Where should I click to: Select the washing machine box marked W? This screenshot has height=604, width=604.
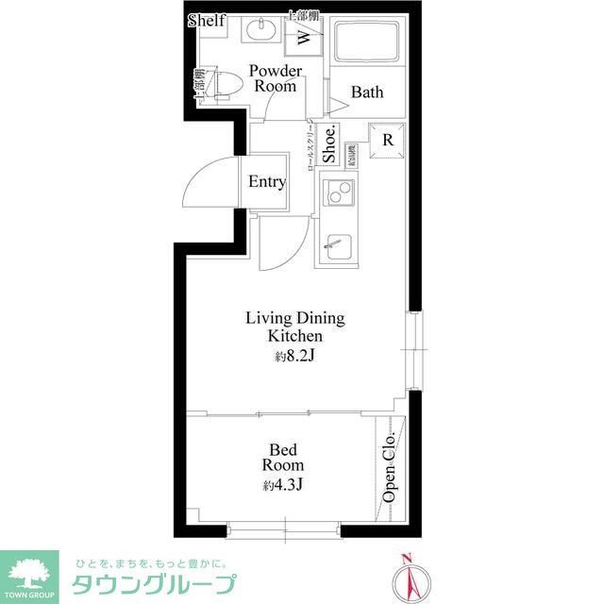point(304,37)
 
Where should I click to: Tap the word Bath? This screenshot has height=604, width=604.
point(367,92)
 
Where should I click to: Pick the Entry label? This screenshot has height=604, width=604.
point(266,182)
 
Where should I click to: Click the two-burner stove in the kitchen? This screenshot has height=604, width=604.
point(336,194)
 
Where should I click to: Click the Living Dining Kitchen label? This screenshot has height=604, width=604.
point(294,327)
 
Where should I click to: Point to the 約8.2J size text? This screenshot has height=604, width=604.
point(294,357)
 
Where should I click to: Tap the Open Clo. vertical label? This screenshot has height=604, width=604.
point(389,468)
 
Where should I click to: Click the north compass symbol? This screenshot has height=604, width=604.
point(408,579)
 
